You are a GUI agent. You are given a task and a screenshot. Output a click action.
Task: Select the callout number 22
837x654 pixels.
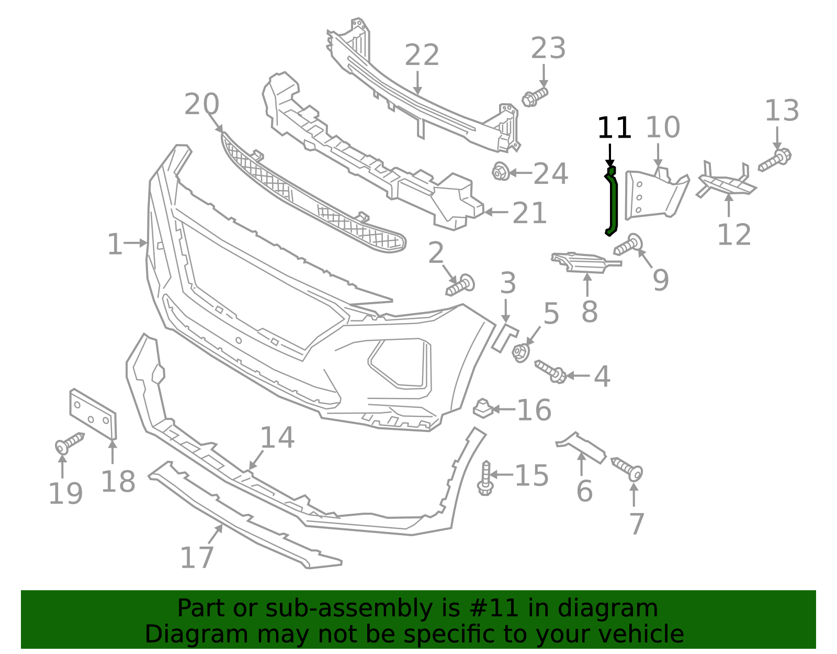click(422, 55)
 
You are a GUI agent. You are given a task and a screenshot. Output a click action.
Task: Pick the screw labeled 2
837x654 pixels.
click(461, 285)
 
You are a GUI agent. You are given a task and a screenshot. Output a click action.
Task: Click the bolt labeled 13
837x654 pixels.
click(775, 160)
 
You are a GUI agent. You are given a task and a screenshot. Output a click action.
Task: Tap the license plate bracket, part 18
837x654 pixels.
click(93, 414)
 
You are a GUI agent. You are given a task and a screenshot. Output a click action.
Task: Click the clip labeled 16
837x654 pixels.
click(483, 408)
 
